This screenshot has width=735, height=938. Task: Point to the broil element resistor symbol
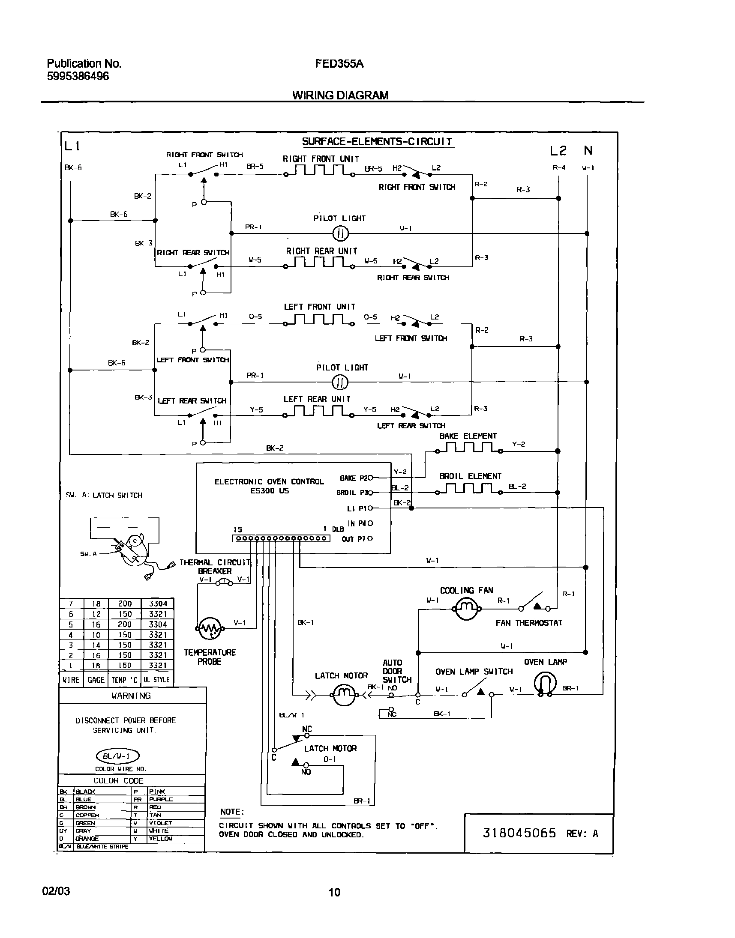click(468, 489)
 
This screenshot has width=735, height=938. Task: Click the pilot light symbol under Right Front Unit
click(340, 233)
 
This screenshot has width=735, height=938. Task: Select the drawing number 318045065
click(519, 833)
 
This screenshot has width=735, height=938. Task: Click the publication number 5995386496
click(78, 76)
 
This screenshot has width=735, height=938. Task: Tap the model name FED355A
click(339, 64)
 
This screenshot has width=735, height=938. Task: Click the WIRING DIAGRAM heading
click(340, 95)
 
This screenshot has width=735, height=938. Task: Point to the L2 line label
click(558, 150)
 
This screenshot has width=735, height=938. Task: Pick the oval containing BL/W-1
click(118, 756)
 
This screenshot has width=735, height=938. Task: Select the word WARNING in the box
click(131, 696)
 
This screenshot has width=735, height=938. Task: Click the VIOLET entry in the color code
click(161, 823)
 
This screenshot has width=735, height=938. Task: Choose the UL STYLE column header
click(156, 680)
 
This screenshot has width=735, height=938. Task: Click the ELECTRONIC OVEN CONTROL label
click(269, 482)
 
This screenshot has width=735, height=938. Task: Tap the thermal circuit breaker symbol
click(224, 583)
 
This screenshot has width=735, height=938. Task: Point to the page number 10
click(334, 892)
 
